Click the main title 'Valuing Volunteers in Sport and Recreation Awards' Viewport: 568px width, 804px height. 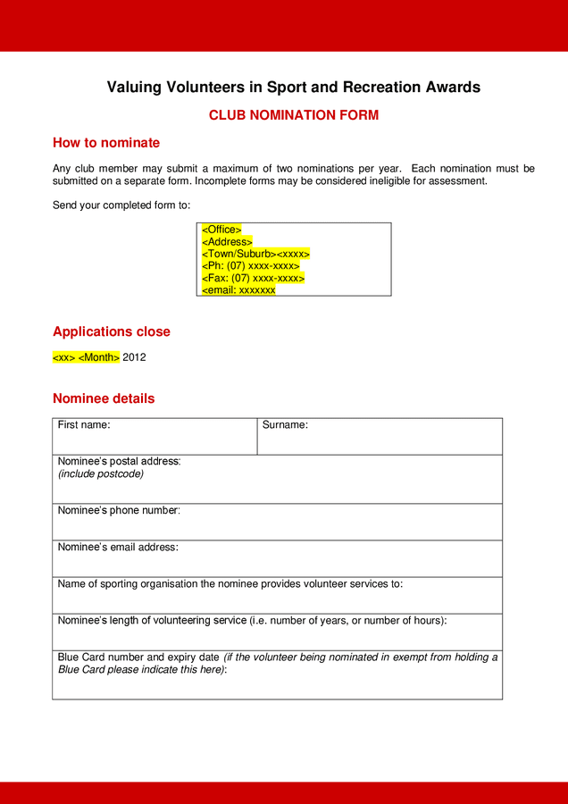coord(293,88)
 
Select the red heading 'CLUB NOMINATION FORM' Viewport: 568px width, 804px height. coord(293,115)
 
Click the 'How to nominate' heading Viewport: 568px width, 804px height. coord(106,143)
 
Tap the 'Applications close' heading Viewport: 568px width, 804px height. coord(111,331)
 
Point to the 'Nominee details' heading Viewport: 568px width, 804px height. coord(104,398)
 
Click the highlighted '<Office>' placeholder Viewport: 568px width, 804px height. coord(221,230)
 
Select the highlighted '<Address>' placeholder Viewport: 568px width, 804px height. coord(227,242)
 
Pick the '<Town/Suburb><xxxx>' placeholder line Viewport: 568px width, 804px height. coord(255,254)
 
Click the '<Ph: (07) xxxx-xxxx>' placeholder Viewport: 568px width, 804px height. coord(250,266)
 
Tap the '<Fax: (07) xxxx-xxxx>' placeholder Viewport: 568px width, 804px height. coord(253,278)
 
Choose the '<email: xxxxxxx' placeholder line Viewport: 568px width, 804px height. coord(238,290)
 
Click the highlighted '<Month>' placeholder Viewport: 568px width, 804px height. coord(99,357)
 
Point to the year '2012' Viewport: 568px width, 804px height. coord(134,357)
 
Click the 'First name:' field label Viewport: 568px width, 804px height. coord(84,425)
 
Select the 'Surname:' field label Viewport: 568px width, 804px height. coord(285,425)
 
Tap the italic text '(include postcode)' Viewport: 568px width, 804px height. coord(101,474)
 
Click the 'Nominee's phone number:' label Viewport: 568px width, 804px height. coord(119,511)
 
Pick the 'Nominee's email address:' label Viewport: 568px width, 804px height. coord(118,548)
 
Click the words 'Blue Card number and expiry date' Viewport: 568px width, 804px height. coord(138,657)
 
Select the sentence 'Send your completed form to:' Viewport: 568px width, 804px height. coord(121,205)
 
